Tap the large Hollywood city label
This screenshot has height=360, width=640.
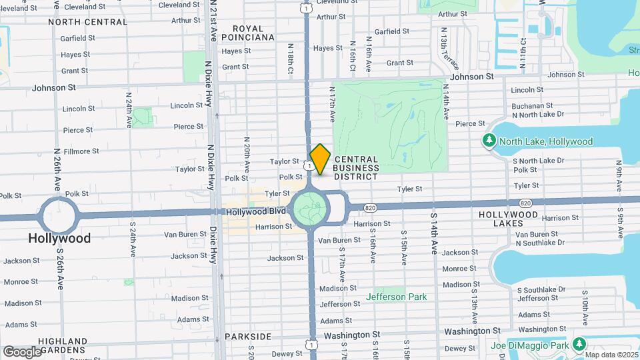coord(59,238)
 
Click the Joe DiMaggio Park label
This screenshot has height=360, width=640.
coord(531,345)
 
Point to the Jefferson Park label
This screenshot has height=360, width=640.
coord(395,297)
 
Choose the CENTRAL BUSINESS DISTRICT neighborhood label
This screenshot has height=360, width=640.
coord(356,168)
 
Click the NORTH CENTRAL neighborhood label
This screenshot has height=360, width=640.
coord(87,21)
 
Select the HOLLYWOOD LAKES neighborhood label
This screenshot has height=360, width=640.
coord(509,219)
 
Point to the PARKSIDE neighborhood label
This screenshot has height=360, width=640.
coord(248,337)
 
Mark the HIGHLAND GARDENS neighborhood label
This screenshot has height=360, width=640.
coord(62,345)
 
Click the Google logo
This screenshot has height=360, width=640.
coord(22,351)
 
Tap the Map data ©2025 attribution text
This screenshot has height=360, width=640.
coord(612,355)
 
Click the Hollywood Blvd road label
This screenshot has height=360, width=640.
coord(256,211)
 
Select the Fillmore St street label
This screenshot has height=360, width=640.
coord(81,151)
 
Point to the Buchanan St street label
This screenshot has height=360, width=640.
coord(531,105)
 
